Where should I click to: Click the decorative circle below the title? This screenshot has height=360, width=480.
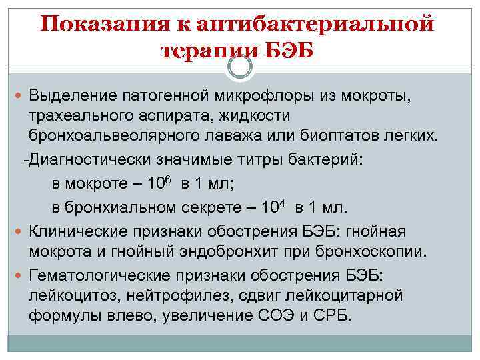pos(240,67)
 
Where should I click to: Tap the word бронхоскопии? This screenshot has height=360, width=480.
pos(373,252)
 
